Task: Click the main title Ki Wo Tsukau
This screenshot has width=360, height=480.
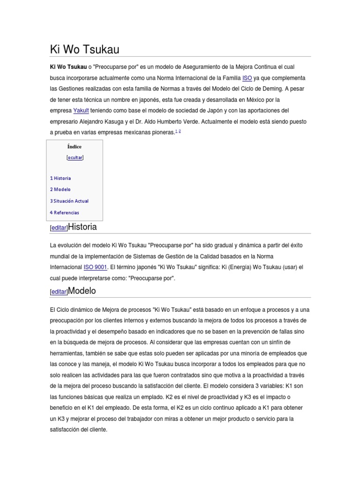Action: pos(85,49)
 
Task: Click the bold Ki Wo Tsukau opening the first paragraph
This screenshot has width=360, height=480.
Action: pos(68,67)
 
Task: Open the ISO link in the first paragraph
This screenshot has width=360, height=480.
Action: pos(247,78)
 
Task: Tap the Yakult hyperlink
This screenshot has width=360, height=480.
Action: pos(81,111)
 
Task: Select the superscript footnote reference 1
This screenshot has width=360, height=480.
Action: pos(176,132)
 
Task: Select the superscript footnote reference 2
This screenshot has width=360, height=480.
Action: pos(180,132)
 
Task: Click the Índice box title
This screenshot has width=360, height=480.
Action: pos(74,147)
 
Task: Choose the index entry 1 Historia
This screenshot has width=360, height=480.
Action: pos(60,178)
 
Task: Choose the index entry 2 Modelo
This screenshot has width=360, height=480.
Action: pos(60,189)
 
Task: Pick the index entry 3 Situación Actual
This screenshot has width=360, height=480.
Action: pos(69,201)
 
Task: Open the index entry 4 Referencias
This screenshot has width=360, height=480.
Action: pos(65,212)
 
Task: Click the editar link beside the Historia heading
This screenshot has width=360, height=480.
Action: pos(59,228)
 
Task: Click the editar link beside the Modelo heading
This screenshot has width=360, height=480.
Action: pos(59,292)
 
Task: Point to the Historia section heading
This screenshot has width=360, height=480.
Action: pos(82,227)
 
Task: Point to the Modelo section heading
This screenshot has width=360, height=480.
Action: pos(82,291)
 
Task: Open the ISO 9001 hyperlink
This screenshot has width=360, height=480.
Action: pos(95,267)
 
